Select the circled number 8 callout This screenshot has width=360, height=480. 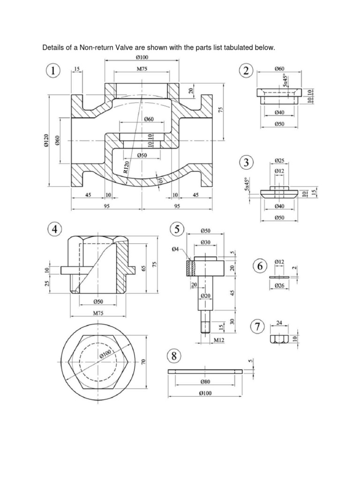pos(174,356)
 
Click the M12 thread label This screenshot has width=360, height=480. pos(215,340)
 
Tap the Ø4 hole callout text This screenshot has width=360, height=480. pos(175,249)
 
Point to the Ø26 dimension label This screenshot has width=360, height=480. pos(279,286)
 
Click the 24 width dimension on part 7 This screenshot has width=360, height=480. pos(279,322)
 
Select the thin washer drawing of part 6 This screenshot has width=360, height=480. pos(279,277)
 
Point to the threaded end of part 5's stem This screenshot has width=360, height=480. pos(205,326)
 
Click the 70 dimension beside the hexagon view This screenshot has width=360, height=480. pos(145,361)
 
